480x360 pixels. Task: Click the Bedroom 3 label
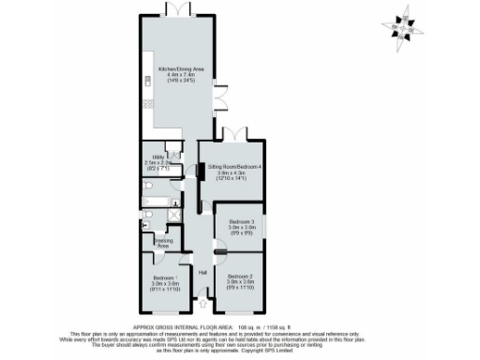242,221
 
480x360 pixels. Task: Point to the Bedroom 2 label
241,276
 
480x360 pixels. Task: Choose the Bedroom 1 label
165,278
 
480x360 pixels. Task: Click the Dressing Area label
162,241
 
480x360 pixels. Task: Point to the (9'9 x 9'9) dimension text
242,232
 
